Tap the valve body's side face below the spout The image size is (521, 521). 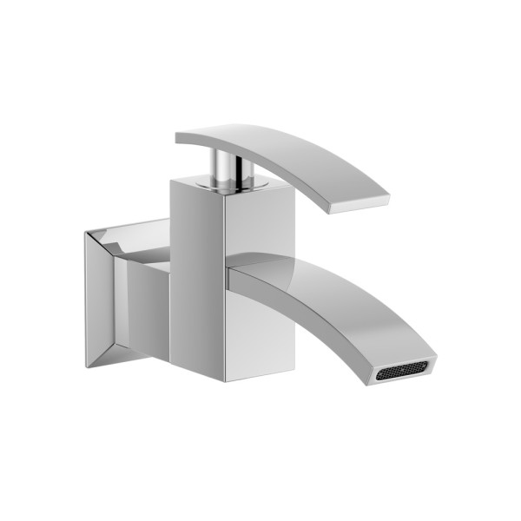click(260, 339)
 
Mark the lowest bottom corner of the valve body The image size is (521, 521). click(228, 381)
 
